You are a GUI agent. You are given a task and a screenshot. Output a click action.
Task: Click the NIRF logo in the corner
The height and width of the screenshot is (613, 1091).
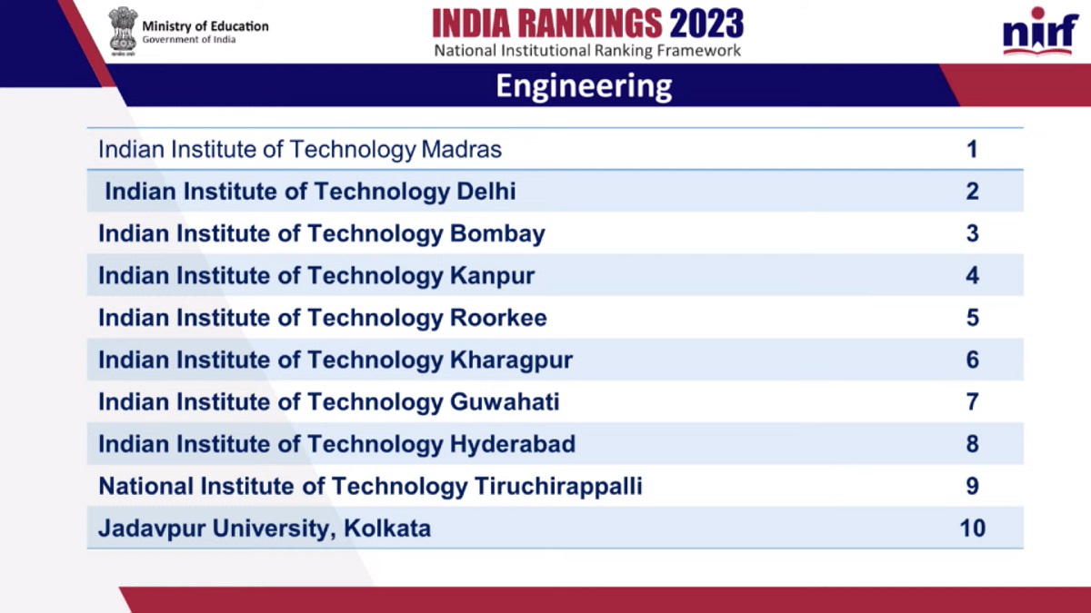[x=1040, y=34]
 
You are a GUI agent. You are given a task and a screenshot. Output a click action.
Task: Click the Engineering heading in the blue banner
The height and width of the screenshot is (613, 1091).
[x=584, y=86]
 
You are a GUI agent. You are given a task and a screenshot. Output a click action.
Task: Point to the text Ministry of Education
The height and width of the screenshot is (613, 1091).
[x=205, y=26]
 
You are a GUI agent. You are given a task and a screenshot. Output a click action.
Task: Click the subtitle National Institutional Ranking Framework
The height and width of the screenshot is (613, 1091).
[x=587, y=51]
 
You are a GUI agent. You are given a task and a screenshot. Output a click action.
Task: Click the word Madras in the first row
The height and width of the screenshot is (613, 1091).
[x=461, y=149]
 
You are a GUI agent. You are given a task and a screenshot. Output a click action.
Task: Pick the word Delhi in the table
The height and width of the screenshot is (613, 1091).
[x=483, y=192]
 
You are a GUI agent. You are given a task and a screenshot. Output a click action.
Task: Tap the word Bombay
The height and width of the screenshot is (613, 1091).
[x=497, y=234]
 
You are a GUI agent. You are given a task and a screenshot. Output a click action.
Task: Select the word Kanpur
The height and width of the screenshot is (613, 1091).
[x=492, y=276]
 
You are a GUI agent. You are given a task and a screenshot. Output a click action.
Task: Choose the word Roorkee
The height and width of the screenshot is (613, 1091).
[x=498, y=318]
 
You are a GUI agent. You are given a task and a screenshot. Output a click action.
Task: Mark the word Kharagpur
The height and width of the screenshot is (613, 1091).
[x=511, y=361]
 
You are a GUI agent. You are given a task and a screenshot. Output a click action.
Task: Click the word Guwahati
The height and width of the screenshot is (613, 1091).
[x=505, y=401]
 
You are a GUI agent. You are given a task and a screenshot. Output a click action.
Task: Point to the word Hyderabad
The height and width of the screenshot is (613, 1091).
[x=513, y=444]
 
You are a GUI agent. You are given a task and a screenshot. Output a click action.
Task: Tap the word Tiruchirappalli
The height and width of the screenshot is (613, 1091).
[x=558, y=487]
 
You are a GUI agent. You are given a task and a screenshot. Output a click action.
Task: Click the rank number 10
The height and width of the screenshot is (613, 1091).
[x=972, y=528]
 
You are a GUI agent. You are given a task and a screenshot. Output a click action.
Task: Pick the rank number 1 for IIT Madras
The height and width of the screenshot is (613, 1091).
[x=972, y=149]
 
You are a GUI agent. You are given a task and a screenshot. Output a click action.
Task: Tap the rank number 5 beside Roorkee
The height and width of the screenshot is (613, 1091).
[x=972, y=318]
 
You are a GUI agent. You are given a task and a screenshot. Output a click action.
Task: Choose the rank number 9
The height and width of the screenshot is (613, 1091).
[x=972, y=487]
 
